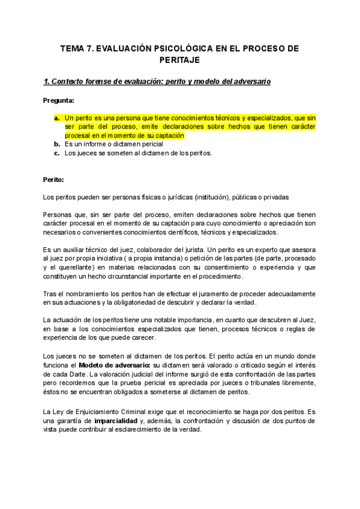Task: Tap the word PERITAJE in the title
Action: pos(180,60)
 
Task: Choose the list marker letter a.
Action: pos(56,119)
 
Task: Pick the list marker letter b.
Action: pos(56,144)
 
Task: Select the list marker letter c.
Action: pos(56,153)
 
